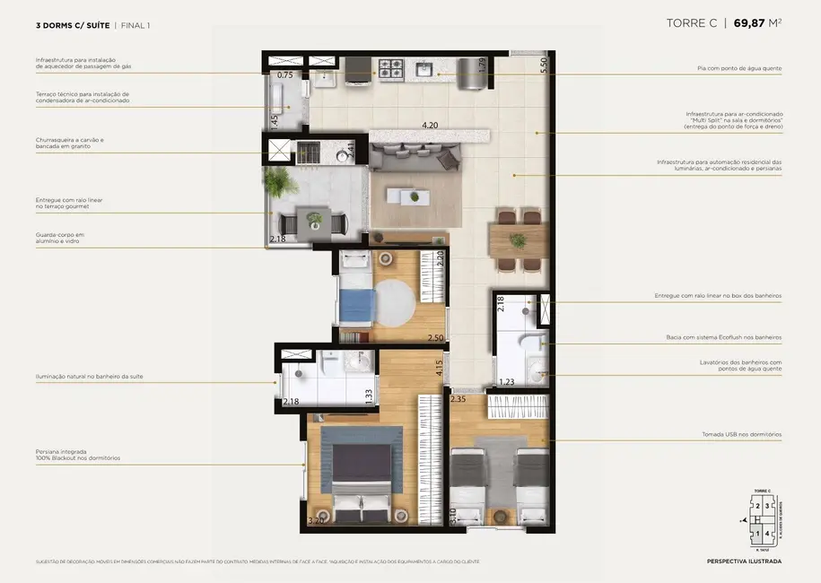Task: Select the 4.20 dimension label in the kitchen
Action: coord(432,126)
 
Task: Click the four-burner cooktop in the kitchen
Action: coord(392,67)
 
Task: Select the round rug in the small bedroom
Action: coord(391,302)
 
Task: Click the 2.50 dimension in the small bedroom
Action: coord(435,337)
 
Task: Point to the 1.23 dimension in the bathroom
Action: coord(508,382)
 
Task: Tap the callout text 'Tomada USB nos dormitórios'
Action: coord(741,434)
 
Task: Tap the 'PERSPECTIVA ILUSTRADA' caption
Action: coord(744,561)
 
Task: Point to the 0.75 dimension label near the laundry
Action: coord(284,75)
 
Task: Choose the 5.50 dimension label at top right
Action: coord(543,65)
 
